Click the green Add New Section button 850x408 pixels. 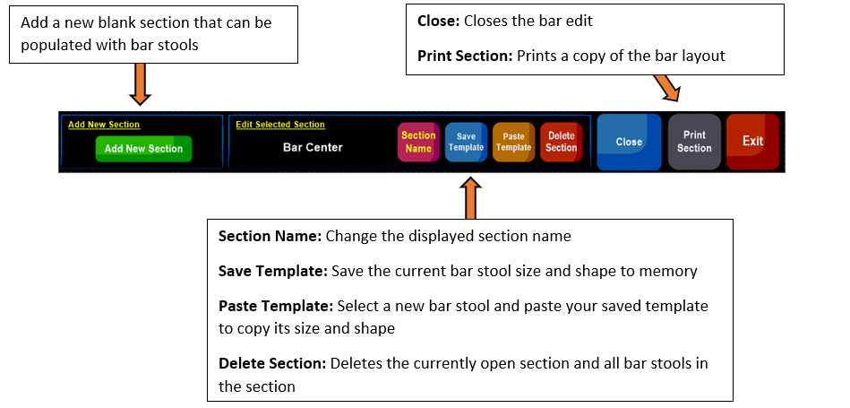click(143, 149)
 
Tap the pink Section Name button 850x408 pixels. click(418, 143)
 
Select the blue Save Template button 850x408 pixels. click(466, 143)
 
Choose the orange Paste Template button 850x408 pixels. click(514, 143)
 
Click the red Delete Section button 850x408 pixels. click(562, 143)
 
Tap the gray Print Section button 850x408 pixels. click(694, 142)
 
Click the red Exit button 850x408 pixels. click(753, 142)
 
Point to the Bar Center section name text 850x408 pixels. click(313, 147)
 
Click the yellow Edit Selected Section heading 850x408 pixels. click(280, 125)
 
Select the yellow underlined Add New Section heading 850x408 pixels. click(104, 125)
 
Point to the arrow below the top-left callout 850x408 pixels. click(140, 84)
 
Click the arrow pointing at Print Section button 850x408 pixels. click(666, 87)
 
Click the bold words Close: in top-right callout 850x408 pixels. click(439, 22)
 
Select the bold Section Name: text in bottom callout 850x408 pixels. click(270, 237)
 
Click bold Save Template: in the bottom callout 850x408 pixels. click(272, 272)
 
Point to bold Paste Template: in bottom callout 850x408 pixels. click(275, 306)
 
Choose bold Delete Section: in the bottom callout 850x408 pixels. click(272, 363)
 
